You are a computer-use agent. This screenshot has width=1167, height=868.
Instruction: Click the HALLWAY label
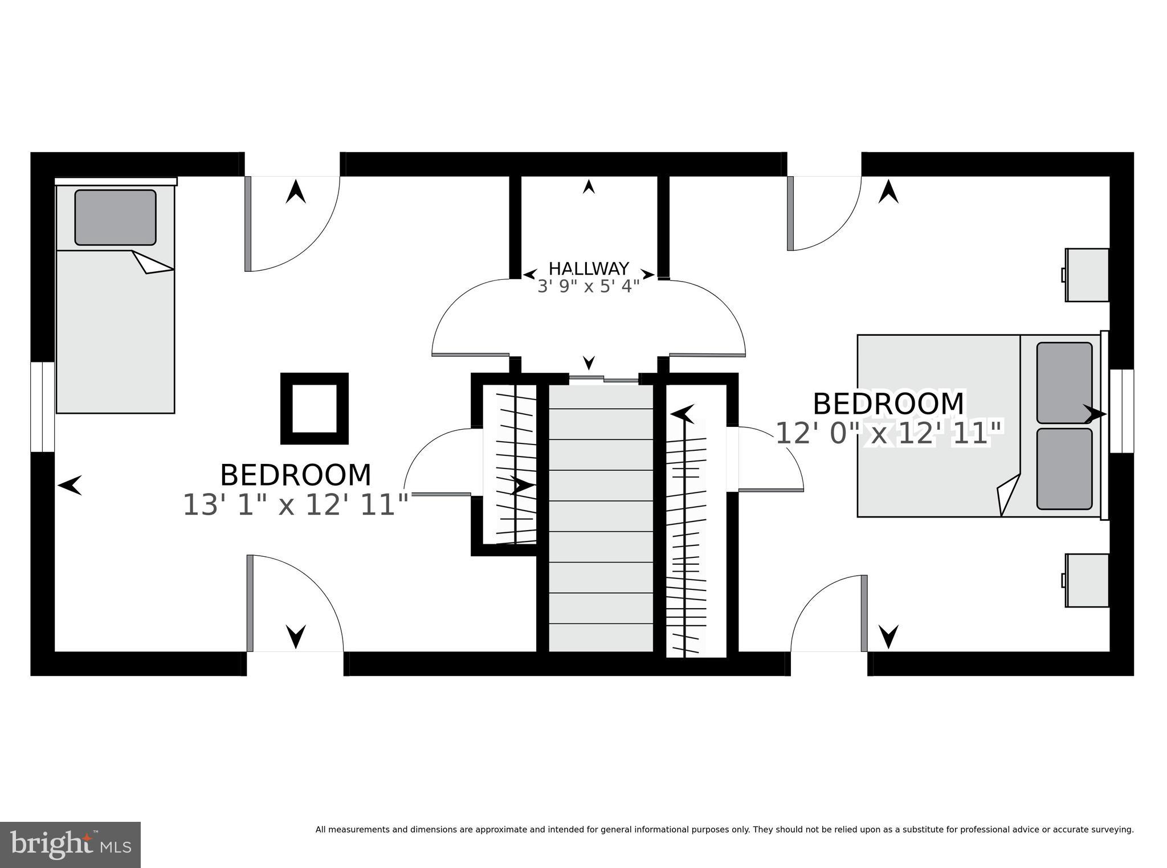pyautogui.click(x=589, y=268)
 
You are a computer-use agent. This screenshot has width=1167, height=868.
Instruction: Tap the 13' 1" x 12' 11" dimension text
pyautogui.click(x=295, y=505)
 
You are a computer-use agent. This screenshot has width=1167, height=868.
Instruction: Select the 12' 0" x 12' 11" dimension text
pyautogui.click(x=889, y=434)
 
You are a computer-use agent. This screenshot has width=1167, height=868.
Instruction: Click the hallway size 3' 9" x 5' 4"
pyautogui.click(x=589, y=286)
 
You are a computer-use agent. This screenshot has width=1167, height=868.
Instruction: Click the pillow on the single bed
pyautogui.click(x=115, y=217)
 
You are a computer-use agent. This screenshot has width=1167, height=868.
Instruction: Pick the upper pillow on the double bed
pyautogui.click(x=1064, y=382)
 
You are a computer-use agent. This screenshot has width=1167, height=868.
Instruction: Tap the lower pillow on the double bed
pyautogui.click(x=1064, y=468)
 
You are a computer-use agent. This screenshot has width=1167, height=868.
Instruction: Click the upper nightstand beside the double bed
pyautogui.click(x=1087, y=275)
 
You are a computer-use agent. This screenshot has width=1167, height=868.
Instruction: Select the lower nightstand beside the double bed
pyautogui.click(x=1087, y=580)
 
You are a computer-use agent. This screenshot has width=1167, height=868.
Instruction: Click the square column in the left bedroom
pyautogui.click(x=314, y=409)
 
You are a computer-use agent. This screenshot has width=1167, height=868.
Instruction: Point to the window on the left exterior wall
pyautogui.click(x=42, y=407)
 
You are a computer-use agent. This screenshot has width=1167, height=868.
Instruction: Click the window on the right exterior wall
pyautogui.click(x=1121, y=411)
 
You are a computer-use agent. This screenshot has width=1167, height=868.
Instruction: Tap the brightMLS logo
pyautogui.click(x=70, y=845)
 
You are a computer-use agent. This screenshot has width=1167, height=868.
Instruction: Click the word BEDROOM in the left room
pyautogui.click(x=295, y=475)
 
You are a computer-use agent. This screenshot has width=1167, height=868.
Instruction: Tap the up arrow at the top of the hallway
pyautogui.click(x=589, y=186)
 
